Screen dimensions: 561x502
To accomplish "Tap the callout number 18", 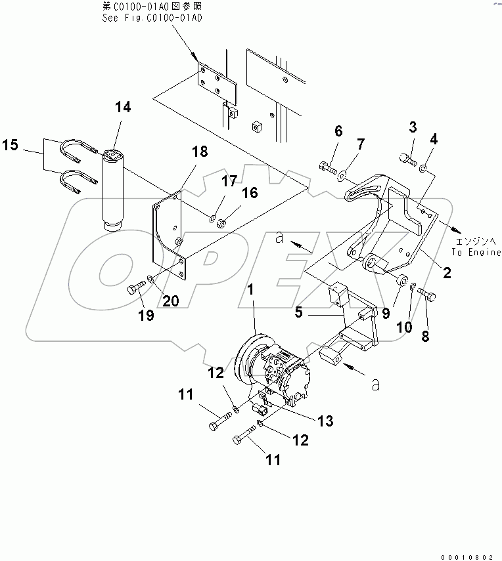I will click(x=200, y=152).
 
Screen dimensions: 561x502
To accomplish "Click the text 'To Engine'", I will click(x=476, y=253).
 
